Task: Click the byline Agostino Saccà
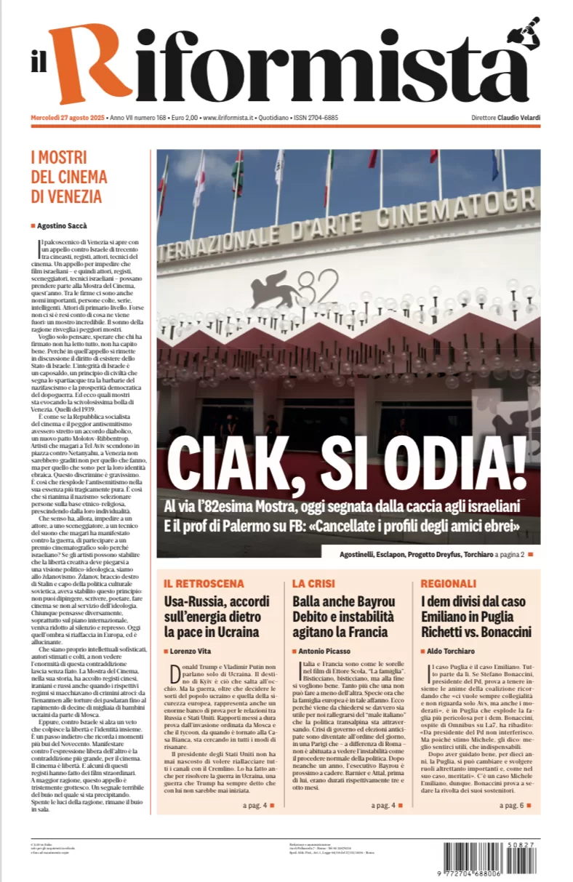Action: point(62,225)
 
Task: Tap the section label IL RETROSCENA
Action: point(204,583)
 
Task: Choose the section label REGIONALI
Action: point(448,583)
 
